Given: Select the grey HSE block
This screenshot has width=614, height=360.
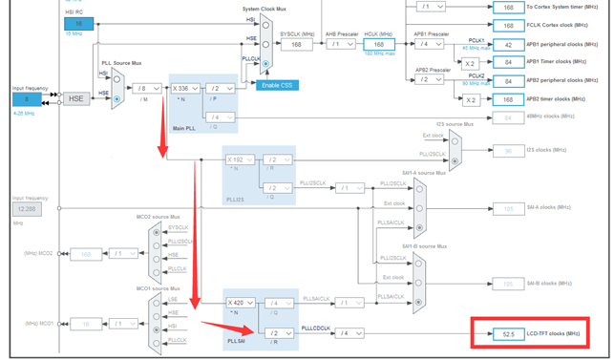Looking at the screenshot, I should (x=75, y=98).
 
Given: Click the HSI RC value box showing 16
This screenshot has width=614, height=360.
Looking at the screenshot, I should (x=78, y=23).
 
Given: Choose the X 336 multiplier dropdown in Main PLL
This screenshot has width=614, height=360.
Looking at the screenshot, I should (x=186, y=89).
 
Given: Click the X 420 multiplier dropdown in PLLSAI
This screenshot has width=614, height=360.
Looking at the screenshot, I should (x=242, y=303).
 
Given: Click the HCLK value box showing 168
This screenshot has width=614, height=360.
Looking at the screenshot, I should (x=378, y=44).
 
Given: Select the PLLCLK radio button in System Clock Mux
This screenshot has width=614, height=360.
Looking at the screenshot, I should (x=265, y=63).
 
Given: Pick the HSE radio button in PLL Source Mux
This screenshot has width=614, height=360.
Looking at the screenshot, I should (x=117, y=98).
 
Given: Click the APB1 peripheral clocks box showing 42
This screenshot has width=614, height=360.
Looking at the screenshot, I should (x=509, y=45).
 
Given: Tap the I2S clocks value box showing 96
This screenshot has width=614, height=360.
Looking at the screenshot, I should (x=509, y=150).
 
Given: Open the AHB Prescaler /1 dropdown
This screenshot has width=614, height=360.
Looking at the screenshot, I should (x=343, y=44).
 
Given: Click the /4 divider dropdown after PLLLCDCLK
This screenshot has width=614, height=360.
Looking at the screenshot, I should (x=352, y=333).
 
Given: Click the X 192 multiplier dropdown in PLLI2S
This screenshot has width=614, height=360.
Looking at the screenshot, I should (x=241, y=159).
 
